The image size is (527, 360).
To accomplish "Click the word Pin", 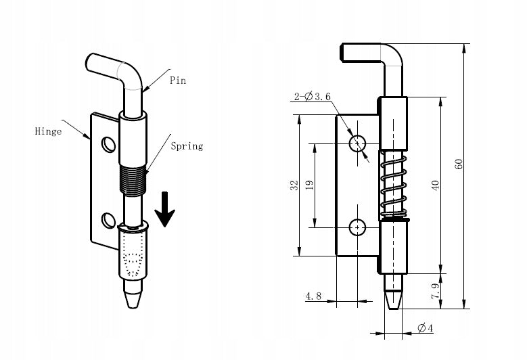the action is (x=177, y=81).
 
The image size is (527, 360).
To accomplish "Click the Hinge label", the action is (x=48, y=131).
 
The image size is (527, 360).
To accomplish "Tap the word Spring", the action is (x=187, y=146).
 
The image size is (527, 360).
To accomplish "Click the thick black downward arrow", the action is (x=164, y=209).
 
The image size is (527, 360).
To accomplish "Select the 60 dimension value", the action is (x=459, y=164).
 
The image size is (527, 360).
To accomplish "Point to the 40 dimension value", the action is (x=435, y=185).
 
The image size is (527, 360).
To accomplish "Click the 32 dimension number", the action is (x=294, y=185).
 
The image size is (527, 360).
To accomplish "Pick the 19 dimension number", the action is (x=309, y=185).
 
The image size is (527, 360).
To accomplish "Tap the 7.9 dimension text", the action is (x=435, y=291).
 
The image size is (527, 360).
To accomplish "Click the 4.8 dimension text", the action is (x=313, y=296).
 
